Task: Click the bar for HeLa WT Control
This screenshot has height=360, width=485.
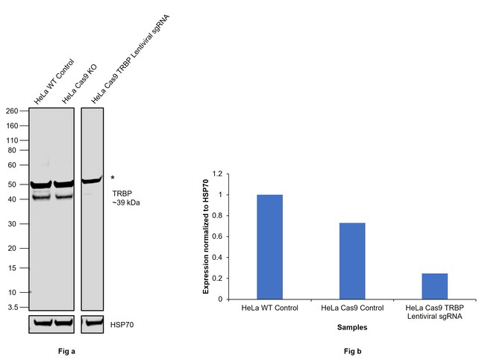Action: [269, 246]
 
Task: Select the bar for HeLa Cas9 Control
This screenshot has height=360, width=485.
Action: [352, 261]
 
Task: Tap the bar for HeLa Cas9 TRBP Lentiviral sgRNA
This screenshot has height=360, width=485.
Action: [434, 286]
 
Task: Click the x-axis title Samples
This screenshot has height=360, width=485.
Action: [351, 327]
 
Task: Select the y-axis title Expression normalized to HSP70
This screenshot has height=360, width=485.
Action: [205, 236]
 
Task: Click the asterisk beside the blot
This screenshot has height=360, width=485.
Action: [113, 178]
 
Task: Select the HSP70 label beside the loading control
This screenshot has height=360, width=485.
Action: [124, 324]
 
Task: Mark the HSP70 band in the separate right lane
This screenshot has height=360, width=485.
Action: [92, 324]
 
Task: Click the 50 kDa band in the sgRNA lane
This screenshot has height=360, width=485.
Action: [92, 180]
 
